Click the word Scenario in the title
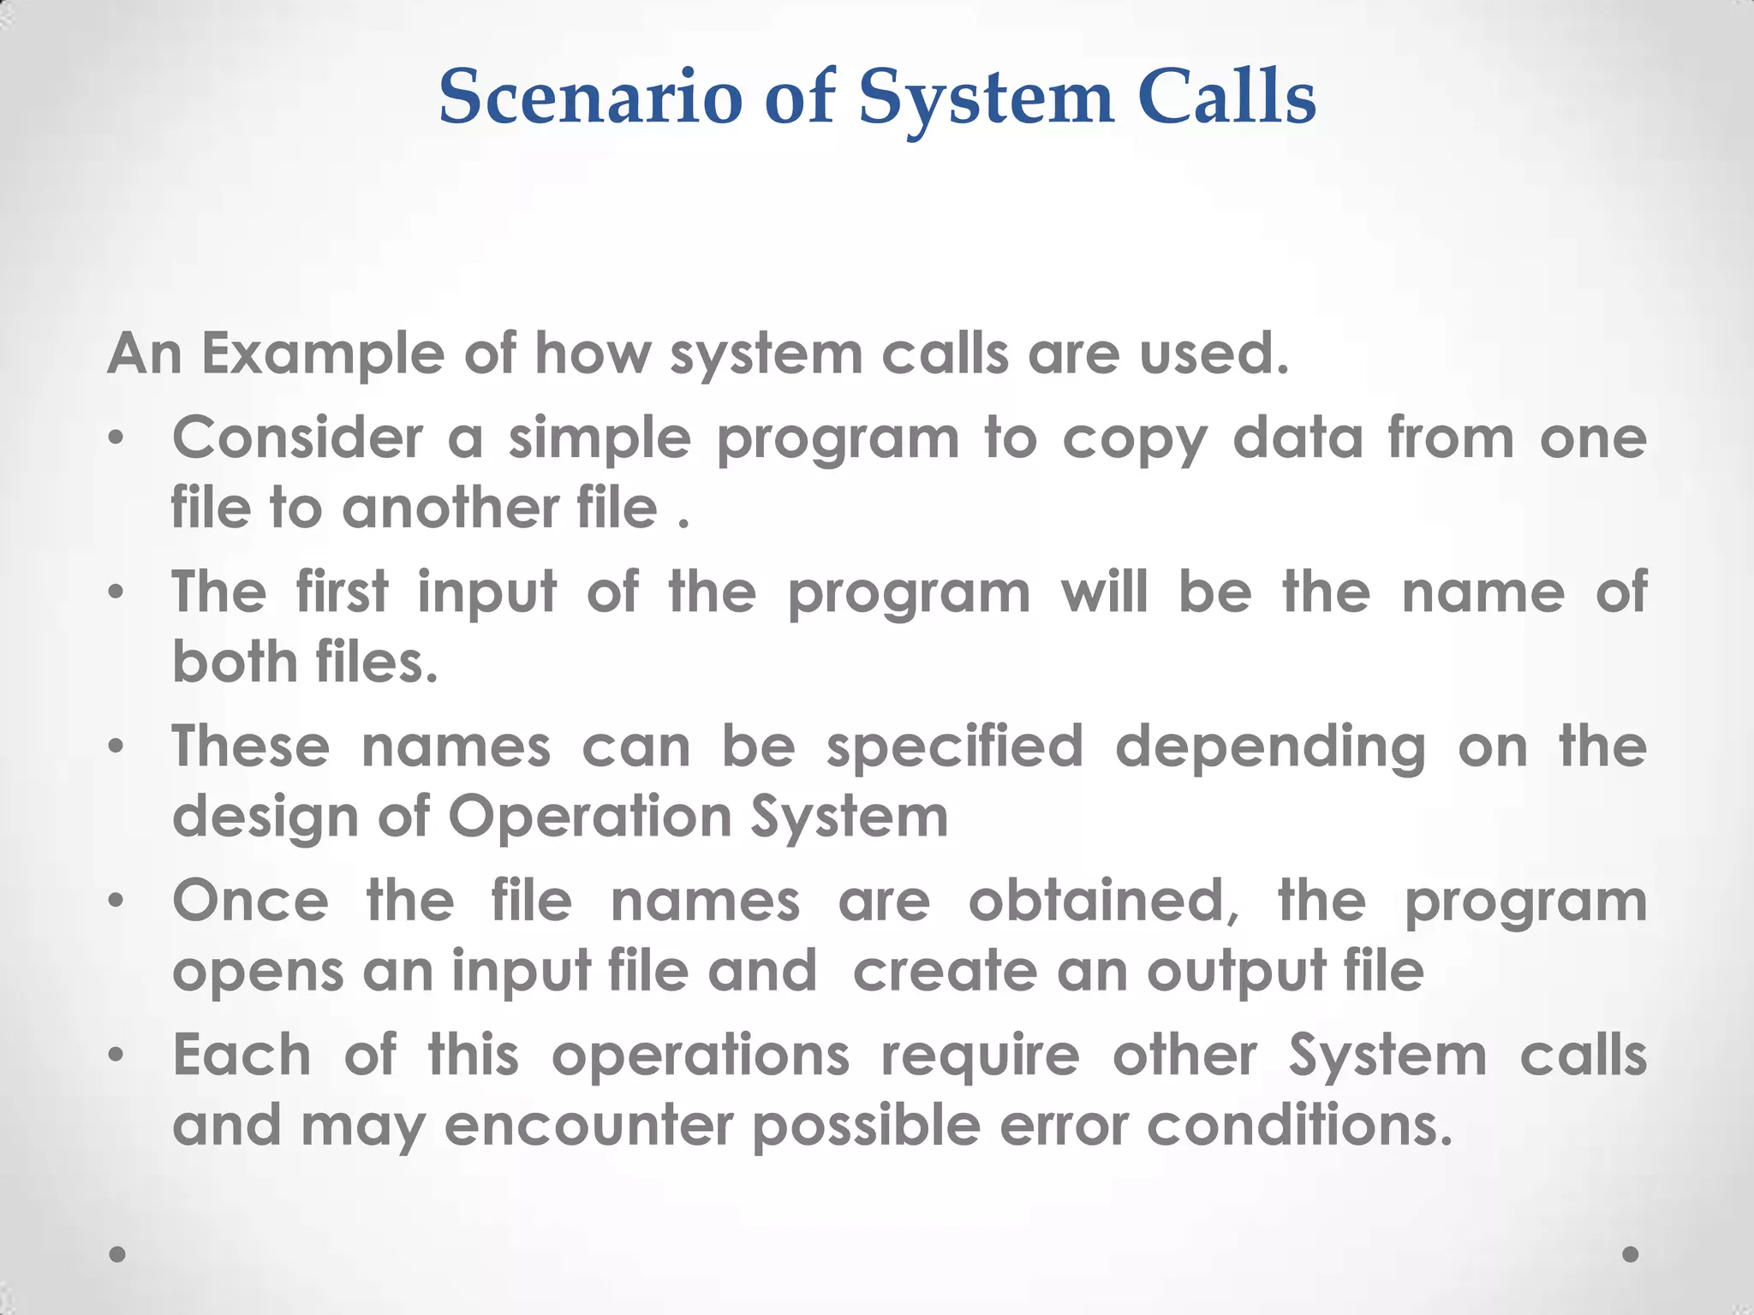590,98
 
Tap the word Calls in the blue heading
1226,98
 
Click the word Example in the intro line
323,354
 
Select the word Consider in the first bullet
297,438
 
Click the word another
450,509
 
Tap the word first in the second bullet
343,592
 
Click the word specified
955,747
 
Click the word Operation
590,818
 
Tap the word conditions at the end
1299,1125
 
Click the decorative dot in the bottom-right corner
1631,1254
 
